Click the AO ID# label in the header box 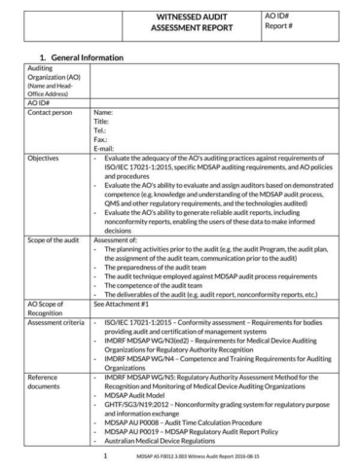click(277, 17)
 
